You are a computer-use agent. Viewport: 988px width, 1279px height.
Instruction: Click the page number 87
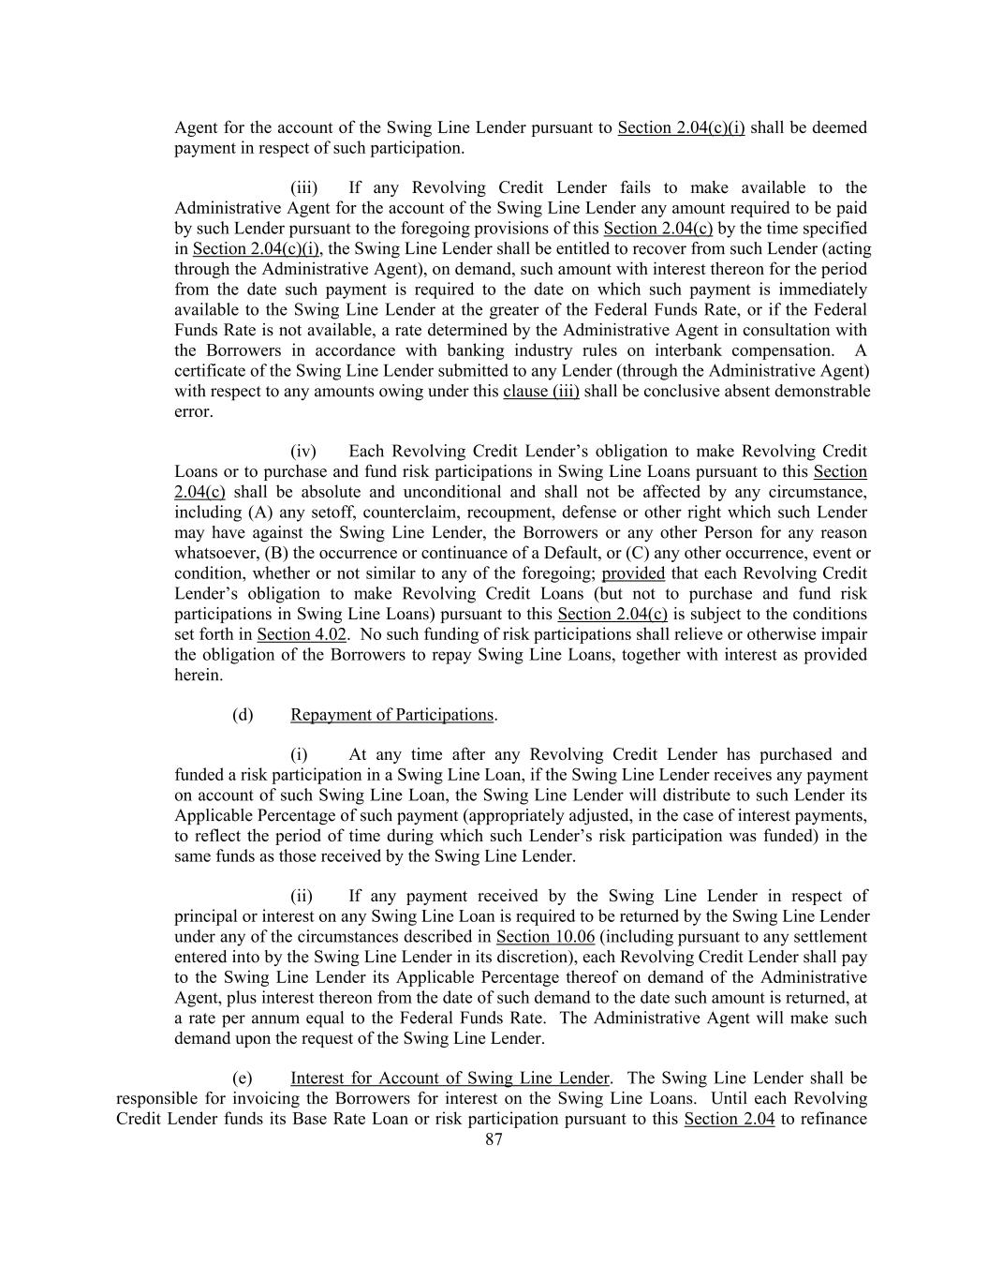494,1139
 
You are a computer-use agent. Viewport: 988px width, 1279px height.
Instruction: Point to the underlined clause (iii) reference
541,392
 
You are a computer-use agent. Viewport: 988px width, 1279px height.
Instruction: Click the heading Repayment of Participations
391,715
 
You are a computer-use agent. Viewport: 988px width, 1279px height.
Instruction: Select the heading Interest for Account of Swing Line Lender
450,1078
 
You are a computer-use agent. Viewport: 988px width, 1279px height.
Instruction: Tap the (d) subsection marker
243,715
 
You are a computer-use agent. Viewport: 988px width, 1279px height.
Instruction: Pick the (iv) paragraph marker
303,452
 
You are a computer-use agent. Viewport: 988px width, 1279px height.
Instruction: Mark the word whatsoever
217,553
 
